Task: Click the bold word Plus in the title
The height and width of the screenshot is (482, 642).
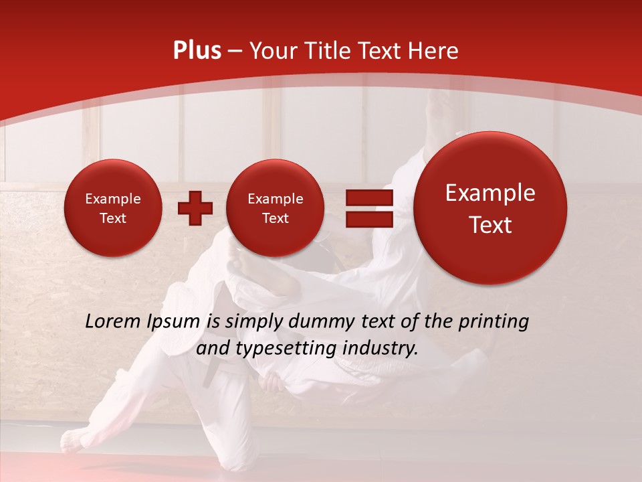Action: [197, 51]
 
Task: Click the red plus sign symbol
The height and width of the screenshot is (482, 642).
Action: [195, 208]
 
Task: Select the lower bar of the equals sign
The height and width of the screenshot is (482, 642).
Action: [368, 220]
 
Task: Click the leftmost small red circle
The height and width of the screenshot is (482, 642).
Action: [112, 208]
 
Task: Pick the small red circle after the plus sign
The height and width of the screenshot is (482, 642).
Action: [275, 208]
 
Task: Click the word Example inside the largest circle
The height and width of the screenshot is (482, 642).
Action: [490, 193]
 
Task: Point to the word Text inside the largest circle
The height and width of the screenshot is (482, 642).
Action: [490, 225]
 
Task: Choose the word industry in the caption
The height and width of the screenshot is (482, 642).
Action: [381, 349]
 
